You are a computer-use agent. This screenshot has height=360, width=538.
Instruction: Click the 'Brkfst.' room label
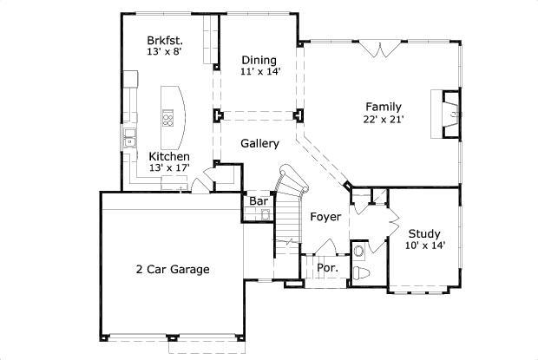pos(163,40)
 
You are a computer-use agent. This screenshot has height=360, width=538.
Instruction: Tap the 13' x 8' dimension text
pos(163,52)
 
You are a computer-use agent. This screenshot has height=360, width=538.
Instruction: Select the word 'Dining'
pos(259,60)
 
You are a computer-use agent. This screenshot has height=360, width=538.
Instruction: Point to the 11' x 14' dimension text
pos(259,72)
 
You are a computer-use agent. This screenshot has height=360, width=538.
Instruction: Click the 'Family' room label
pos(383,107)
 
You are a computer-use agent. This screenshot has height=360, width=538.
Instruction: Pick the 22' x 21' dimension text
pos(383,120)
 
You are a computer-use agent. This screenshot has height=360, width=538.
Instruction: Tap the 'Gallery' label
pos(259,143)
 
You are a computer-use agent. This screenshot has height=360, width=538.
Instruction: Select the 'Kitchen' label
pos(169,156)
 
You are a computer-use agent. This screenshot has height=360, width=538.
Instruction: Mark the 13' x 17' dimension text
pos(169,168)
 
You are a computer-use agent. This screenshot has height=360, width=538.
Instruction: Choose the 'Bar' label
pos(259,201)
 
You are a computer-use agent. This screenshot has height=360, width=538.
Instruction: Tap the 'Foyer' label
pos(325,217)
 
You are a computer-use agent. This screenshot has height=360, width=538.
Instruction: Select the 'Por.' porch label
pos(326,268)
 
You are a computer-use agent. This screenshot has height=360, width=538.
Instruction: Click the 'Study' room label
pos(424,233)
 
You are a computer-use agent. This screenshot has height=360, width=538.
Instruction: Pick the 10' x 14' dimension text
pos(424,245)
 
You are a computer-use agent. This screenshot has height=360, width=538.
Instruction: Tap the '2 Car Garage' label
pos(173,270)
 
